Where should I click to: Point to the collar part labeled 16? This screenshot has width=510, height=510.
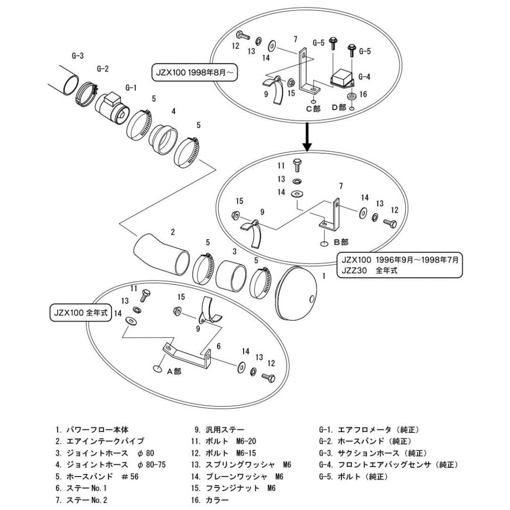(351, 97)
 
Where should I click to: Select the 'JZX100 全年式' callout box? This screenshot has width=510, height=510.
(79, 313)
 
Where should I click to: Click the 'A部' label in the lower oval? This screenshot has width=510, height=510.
(174, 371)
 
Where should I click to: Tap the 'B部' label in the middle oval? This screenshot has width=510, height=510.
(341, 242)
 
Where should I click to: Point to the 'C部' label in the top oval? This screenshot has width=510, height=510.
(313, 109)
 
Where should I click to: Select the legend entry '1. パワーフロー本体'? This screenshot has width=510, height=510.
(92, 430)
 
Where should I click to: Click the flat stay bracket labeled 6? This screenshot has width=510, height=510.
(189, 355)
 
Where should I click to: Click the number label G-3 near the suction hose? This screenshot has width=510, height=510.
(78, 56)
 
